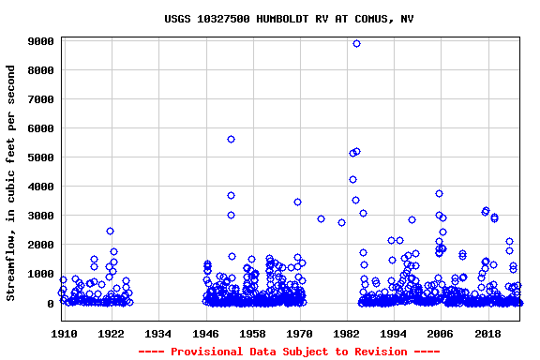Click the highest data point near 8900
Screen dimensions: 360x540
[356, 44]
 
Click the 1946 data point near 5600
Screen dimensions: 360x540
[231, 139]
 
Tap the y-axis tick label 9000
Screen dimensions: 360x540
[40, 42]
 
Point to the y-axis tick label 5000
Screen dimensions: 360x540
[40, 158]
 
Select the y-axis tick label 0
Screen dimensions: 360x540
[51, 304]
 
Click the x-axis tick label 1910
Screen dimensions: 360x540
[64, 334]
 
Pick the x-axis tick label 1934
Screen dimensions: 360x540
[158, 334]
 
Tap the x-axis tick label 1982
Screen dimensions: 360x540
[347, 334]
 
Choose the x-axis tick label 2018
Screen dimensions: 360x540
[488, 334]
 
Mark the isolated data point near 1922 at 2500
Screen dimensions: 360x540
[110, 231]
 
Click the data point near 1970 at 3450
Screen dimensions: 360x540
[297, 202]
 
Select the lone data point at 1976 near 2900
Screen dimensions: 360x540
[321, 218]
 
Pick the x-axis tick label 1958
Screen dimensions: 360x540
[253, 334]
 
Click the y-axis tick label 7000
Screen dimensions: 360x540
[40, 100]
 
